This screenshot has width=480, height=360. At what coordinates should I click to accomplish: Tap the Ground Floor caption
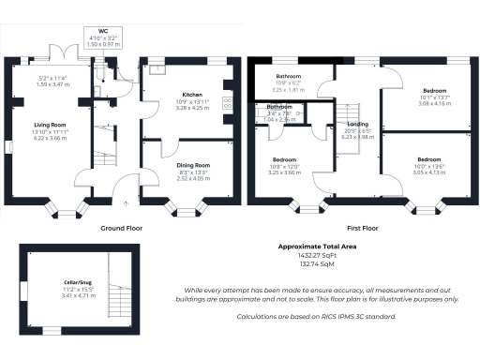122,228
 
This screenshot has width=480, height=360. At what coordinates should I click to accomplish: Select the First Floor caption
362,228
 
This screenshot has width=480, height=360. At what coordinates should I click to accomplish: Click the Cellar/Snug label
52,282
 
